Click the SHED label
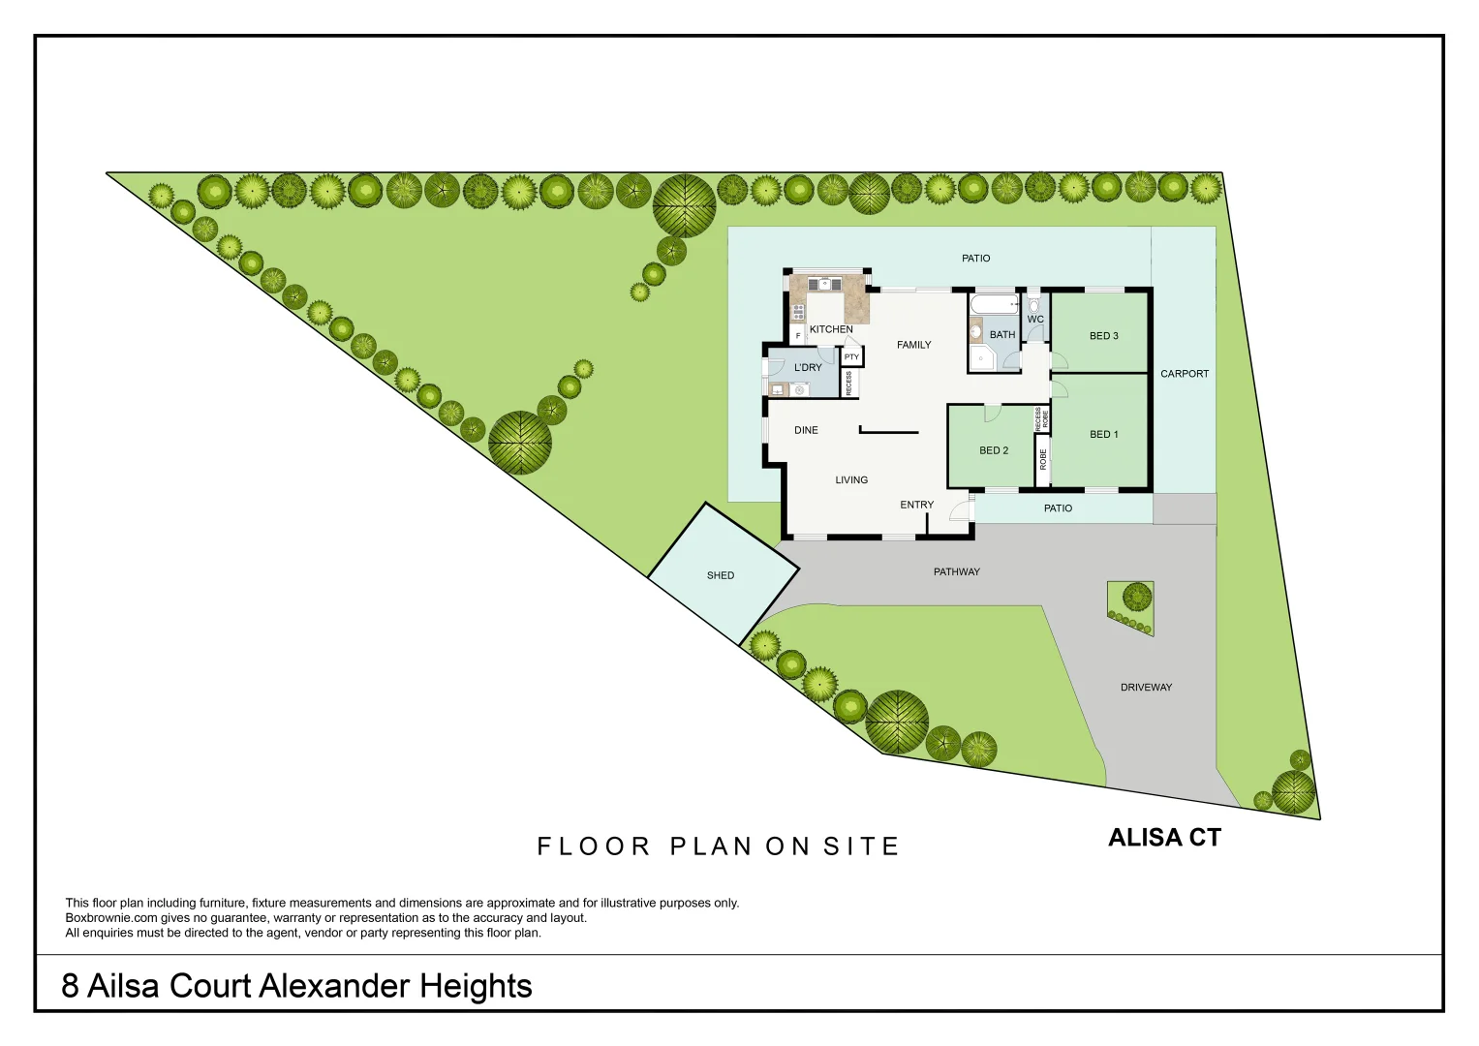pyautogui.click(x=720, y=575)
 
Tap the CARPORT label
pyautogui.click(x=1184, y=374)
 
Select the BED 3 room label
pyautogui.click(x=1103, y=336)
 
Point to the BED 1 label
pyautogui.click(x=1103, y=435)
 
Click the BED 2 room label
pyautogui.click(x=994, y=450)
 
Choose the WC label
pyautogui.click(x=1034, y=320)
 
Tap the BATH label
pyautogui.click(x=1001, y=335)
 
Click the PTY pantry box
pyautogui.click(x=851, y=357)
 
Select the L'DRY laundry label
pyautogui.click(x=808, y=368)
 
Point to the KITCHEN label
pyautogui.click(x=831, y=329)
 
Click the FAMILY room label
pyautogui.click(x=913, y=345)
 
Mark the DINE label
pyautogui.click(x=806, y=430)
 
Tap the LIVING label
pyautogui.click(x=851, y=480)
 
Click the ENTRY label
pyautogui.click(x=916, y=505)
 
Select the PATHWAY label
pyautogui.click(x=956, y=572)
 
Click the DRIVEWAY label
pyautogui.click(x=1146, y=688)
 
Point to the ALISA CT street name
pyautogui.click(x=1164, y=839)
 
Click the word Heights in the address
pyautogui.click(x=475, y=986)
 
